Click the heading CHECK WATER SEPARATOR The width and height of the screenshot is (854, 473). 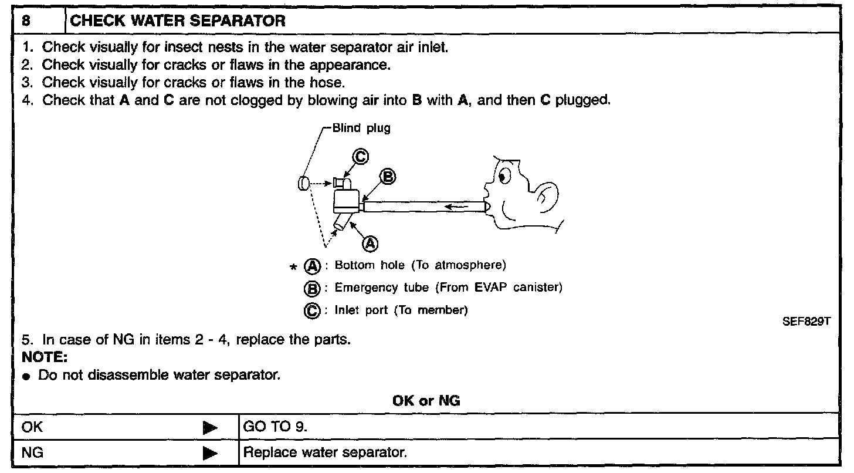coord(178,22)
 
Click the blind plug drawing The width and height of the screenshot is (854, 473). coord(303,183)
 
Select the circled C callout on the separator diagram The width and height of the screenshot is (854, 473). coord(360,156)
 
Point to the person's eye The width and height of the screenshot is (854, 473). coord(505,174)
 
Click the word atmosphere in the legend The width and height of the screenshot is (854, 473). coord(470,265)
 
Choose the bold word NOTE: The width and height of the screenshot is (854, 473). coord(44,356)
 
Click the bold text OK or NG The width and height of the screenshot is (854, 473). coord(426,401)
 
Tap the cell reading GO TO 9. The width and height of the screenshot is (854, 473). coord(275,427)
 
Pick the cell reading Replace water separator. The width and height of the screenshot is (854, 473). coord(325,452)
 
